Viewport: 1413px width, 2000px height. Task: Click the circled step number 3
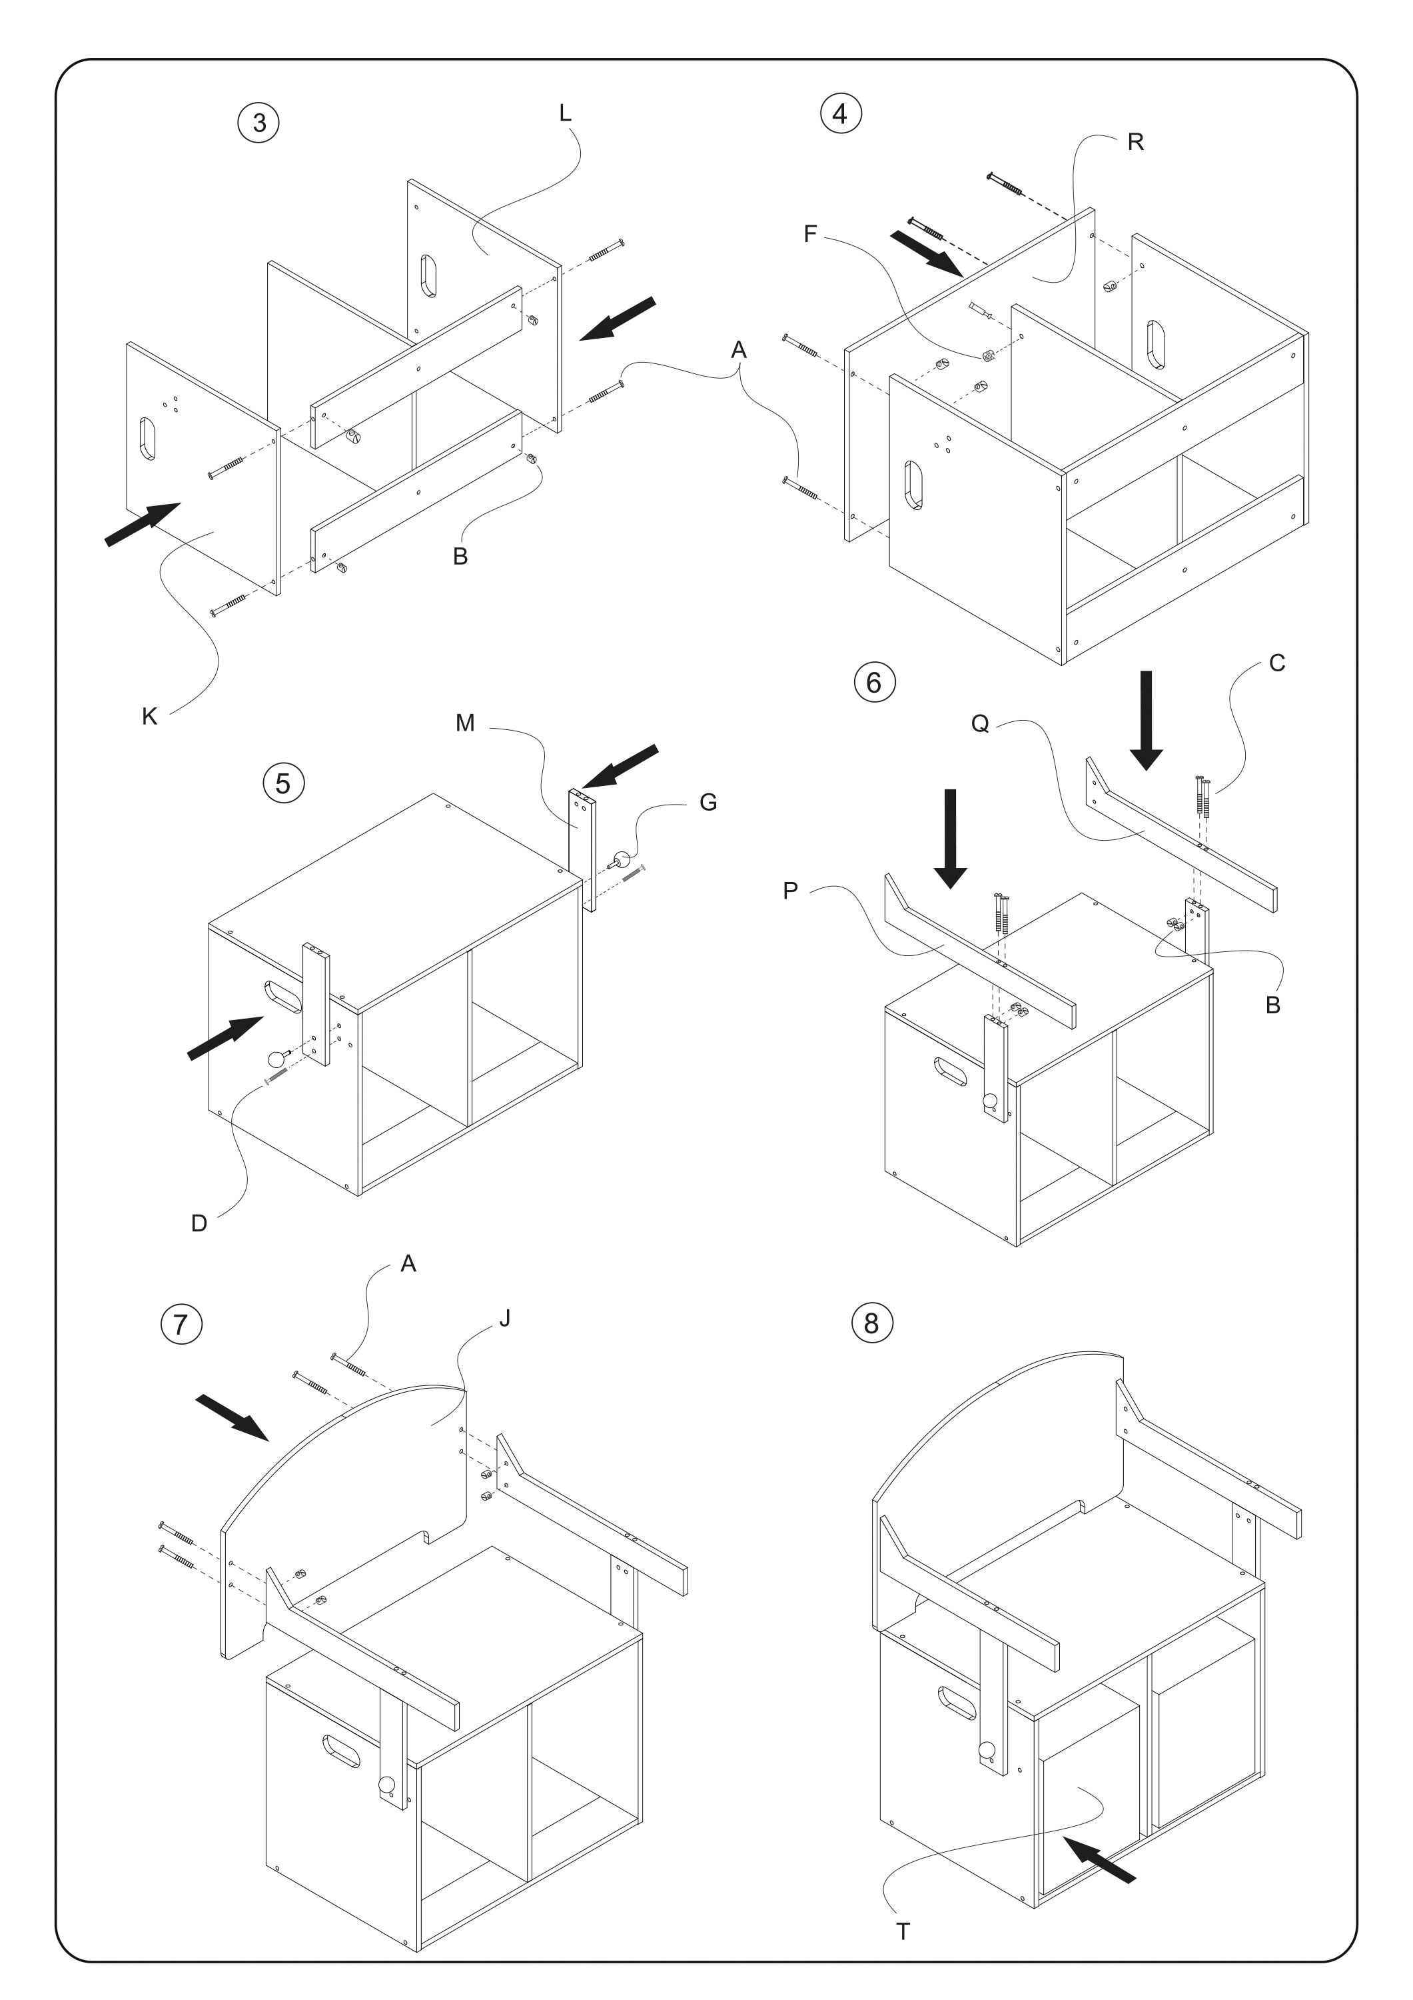pos(258,123)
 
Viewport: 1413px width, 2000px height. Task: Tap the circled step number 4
pos(841,113)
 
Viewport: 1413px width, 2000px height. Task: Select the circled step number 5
pos(283,783)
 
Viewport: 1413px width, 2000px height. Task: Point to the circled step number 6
pos(874,682)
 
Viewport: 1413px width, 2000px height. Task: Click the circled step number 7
pos(181,1324)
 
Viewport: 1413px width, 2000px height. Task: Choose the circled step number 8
pos(871,1323)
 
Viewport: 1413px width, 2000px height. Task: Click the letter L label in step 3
pos(565,113)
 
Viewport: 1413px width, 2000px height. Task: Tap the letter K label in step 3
pos(150,716)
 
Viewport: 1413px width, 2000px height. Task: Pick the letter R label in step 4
pos(1135,142)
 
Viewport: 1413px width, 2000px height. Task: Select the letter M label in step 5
pos(465,722)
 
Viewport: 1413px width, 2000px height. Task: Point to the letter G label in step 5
pos(709,802)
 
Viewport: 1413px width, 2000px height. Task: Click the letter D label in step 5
pos(199,1223)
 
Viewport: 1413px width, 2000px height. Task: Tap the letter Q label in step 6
pos(981,724)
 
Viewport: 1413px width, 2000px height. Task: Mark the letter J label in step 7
pos(505,1318)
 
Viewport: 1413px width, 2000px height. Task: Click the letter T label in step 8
pos(903,1907)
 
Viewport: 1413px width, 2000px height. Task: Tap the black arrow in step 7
pos(233,1415)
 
